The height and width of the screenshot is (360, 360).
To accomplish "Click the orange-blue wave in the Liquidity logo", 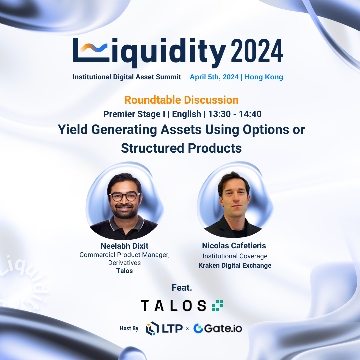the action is click(x=93, y=48).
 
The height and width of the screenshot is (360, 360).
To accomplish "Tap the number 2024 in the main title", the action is click(x=257, y=51).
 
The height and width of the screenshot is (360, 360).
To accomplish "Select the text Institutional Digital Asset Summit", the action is click(x=127, y=77).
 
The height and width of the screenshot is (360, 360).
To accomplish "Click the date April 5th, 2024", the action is click(x=214, y=77).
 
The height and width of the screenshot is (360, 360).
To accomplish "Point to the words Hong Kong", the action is click(x=264, y=77).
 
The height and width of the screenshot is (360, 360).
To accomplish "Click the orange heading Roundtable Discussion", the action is click(x=181, y=100).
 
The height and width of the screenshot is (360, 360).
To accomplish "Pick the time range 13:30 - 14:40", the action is click(x=235, y=114).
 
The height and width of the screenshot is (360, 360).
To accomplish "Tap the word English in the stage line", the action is click(x=186, y=114).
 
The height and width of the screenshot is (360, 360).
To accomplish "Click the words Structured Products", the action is click(x=181, y=148).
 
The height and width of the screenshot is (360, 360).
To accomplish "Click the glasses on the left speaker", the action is click(x=124, y=197).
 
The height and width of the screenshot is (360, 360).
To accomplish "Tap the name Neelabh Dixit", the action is click(x=124, y=246).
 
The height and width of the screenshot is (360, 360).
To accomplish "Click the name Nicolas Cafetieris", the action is click(x=234, y=246).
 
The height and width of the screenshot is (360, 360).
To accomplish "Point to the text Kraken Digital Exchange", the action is click(x=235, y=265).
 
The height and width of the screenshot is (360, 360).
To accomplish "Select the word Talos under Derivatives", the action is click(x=124, y=271).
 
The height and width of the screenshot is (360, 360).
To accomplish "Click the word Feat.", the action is click(x=182, y=288).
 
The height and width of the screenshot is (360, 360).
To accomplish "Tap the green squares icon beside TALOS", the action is click(x=217, y=306).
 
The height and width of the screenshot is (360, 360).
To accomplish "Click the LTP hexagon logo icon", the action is click(x=152, y=328).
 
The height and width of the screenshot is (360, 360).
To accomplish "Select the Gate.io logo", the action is click(x=218, y=328).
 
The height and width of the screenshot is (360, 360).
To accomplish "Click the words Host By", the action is click(x=129, y=329).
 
